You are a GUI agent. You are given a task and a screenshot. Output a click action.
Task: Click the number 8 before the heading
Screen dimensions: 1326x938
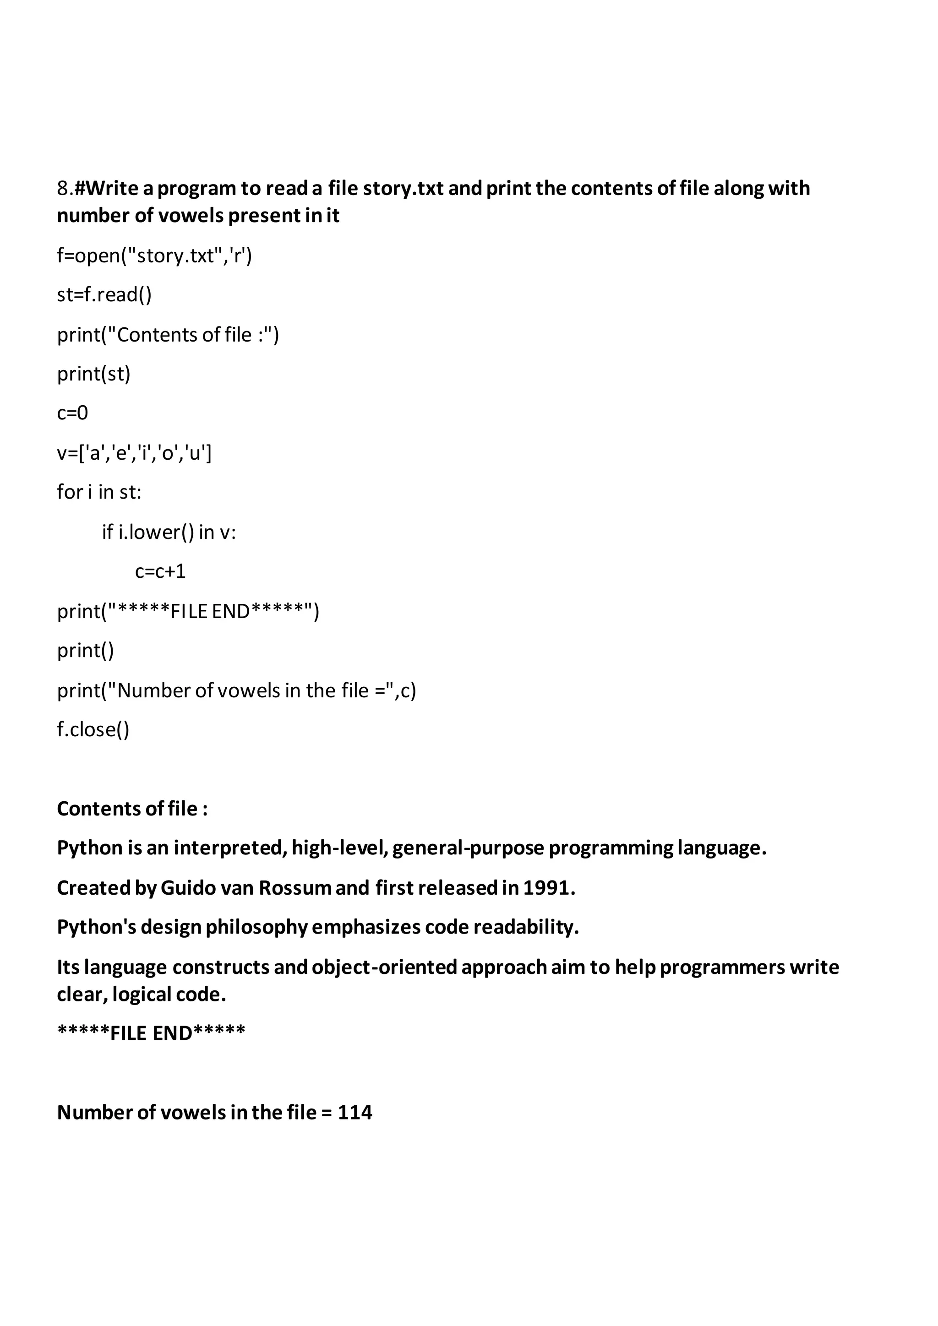(x=62, y=188)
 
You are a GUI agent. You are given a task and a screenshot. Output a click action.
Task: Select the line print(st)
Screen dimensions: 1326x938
(x=93, y=374)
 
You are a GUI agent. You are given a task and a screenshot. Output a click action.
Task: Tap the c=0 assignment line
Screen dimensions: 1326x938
(x=72, y=413)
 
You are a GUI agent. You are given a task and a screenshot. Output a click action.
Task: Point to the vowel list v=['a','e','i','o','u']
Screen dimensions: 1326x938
(x=134, y=453)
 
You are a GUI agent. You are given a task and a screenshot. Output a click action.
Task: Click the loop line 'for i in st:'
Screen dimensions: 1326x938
(x=99, y=492)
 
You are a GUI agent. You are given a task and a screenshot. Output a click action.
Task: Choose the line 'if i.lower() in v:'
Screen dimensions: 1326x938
(x=169, y=532)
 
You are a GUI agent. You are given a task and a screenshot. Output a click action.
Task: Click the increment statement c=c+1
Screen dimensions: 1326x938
(x=160, y=571)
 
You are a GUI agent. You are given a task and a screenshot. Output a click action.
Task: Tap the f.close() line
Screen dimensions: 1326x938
(x=93, y=729)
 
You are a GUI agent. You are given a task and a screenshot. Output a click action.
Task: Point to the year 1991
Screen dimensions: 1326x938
(x=548, y=888)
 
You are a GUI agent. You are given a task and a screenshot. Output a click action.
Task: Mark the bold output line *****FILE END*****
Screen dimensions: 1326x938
(x=151, y=1033)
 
